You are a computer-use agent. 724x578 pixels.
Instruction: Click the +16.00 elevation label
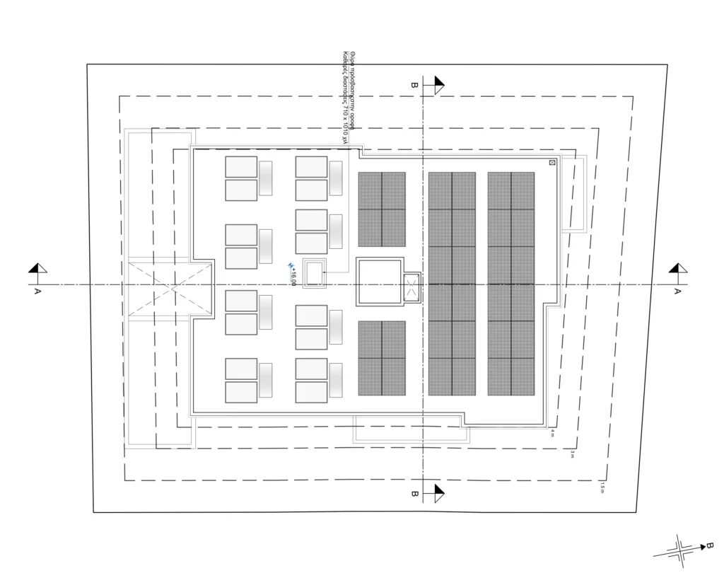point(293,275)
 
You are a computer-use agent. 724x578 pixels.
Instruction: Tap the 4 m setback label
point(552,434)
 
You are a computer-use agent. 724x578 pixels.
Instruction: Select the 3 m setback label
point(573,455)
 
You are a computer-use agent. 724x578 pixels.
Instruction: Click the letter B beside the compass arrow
point(709,545)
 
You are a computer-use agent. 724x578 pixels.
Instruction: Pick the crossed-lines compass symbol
point(679,551)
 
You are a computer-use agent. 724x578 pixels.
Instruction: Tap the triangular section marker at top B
point(438,85)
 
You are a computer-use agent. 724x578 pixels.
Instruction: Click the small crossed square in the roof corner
point(552,163)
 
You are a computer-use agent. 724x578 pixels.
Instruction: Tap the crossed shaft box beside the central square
point(411,287)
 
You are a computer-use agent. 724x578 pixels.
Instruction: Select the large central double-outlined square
point(379,282)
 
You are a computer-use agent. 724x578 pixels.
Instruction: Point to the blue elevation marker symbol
point(290,266)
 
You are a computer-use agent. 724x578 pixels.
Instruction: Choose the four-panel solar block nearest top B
point(382,209)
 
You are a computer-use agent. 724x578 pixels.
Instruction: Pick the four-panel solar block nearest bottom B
point(382,357)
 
